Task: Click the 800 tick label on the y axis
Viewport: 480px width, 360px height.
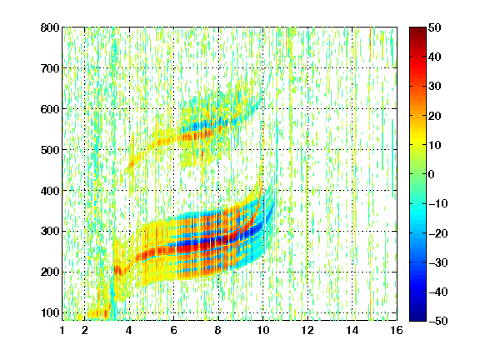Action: [x=50, y=27]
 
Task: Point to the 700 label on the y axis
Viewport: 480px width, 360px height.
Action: [x=50, y=68]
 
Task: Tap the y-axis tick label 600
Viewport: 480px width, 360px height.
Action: [x=50, y=109]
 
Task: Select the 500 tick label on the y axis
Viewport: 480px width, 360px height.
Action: [x=50, y=150]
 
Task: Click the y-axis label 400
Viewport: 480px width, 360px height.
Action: [x=50, y=191]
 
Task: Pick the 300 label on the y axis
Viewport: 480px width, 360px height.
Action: [x=50, y=231]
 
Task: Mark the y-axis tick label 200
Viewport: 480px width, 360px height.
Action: [x=50, y=272]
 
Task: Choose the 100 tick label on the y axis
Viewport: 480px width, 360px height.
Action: [x=50, y=312]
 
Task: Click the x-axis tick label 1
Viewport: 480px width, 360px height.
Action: [x=62, y=330]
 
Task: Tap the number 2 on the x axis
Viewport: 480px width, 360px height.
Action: [x=85, y=330]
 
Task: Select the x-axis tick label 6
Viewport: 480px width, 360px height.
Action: [x=174, y=330]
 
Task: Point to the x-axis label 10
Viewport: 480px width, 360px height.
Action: [x=263, y=330]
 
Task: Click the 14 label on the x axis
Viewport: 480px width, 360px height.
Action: [x=352, y=330]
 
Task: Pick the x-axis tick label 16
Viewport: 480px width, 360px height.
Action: [x=397, y=330]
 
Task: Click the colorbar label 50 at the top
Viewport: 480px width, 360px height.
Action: [x=435, y=27]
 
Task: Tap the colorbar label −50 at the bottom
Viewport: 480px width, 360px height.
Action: [x=438, y=321]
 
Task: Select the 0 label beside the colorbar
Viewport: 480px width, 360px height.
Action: [x=432, y=174]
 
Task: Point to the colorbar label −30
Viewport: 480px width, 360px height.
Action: [x=438, y=262]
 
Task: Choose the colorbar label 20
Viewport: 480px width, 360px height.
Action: [x=435, y=116]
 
